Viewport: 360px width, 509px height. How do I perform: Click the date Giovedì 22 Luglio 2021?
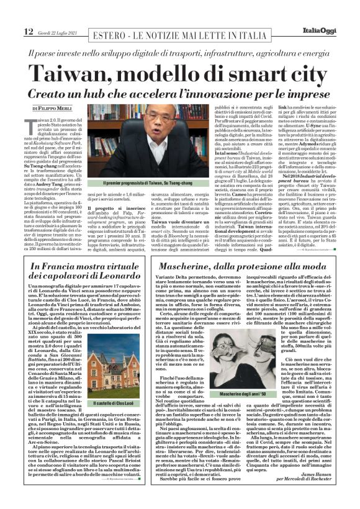[60, 32]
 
